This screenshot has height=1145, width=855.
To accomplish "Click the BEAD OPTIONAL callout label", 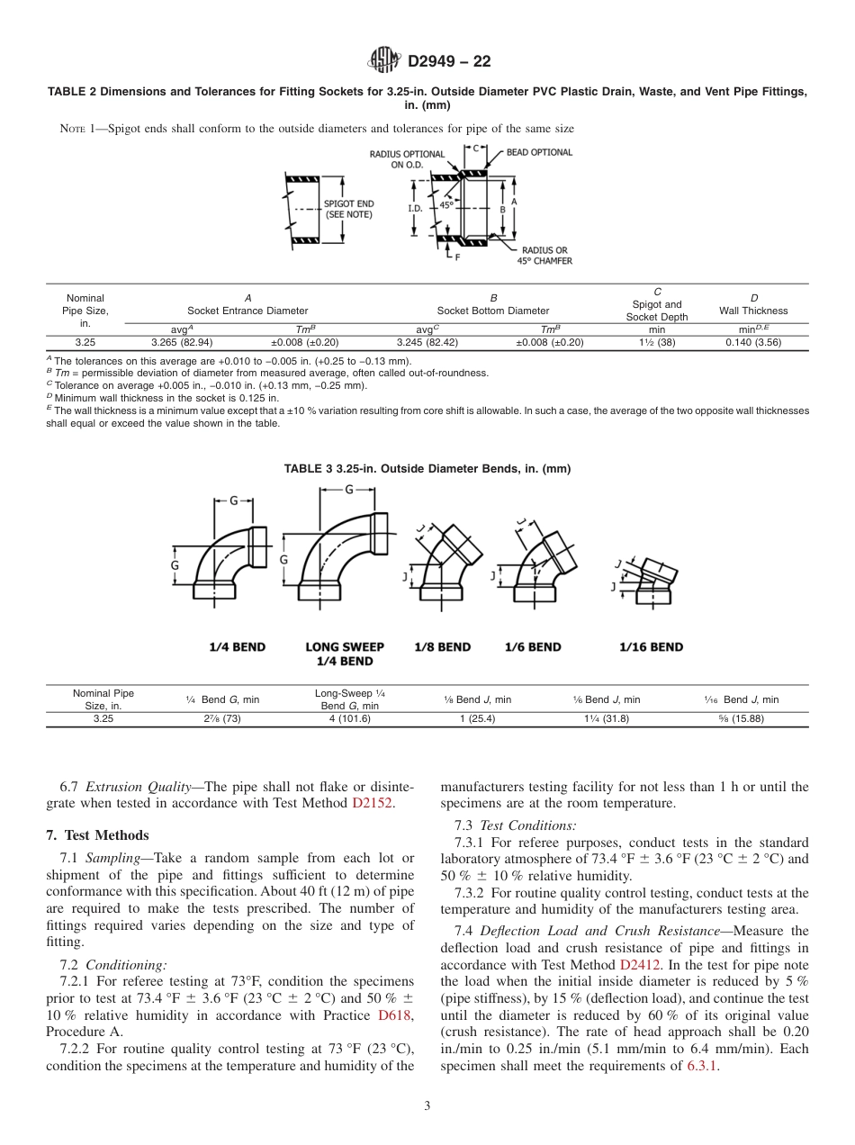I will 539,152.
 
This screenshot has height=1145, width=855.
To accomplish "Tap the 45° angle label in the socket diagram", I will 447,204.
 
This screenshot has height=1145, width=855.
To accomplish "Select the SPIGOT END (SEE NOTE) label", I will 348,209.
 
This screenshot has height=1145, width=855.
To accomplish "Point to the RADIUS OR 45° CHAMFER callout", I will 544,256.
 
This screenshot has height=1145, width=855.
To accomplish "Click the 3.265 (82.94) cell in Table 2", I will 182,342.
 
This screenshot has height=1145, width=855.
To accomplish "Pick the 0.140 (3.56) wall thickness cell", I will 754,342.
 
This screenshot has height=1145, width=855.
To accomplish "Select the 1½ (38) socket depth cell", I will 657,342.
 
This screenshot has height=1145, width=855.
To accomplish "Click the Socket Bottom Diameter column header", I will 493,311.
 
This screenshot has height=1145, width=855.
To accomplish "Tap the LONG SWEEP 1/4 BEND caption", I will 345,654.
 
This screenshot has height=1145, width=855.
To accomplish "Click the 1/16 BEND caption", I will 651,646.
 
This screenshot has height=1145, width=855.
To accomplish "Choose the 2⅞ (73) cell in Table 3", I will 221,718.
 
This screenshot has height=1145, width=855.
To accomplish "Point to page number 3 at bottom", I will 427,1105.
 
